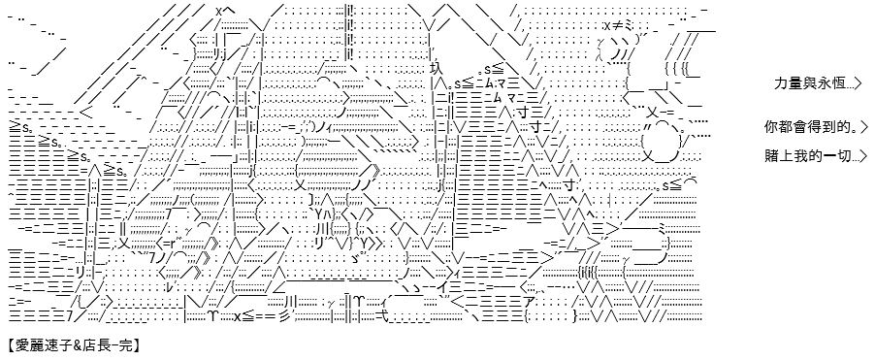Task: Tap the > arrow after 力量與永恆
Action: [858, 83]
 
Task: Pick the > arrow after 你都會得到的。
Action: [864, 127]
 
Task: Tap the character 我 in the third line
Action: [799, 155]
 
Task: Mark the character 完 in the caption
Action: [124, 346]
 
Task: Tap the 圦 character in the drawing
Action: [437, 69]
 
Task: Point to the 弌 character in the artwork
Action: [383, 317]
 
